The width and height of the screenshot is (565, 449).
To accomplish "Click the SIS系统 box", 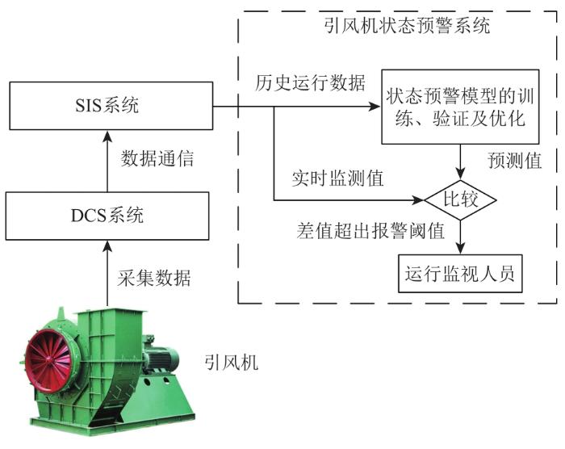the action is [x=111, y=106].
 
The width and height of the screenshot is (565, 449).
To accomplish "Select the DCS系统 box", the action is [x=107, y=216].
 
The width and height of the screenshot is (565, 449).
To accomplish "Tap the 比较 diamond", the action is [x=461, y=199].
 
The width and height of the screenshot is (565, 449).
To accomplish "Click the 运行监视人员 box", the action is [x=460, y=274].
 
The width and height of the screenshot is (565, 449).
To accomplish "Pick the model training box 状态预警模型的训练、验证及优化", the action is [x=460, y=107].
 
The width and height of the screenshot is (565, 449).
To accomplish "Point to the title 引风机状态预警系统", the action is [x=407, y=26].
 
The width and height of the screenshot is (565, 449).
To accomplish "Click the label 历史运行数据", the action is [x=310, y=82].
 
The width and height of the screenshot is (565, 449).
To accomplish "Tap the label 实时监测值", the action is [x=337, y=178].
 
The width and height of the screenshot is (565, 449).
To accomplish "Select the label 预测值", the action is [x=515, y=160].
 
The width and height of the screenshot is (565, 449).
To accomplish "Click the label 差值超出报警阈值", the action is [x=370, y=230].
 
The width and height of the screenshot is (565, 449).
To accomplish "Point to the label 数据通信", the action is [x=157, y=158].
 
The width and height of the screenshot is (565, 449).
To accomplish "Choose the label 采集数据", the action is [x=154, y=278].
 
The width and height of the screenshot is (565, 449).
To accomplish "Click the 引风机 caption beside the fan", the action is [x=232, y=362].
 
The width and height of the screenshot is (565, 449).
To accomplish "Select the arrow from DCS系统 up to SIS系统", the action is [x=107, y=161].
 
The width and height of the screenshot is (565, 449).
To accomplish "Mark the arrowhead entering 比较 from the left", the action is [x=419, y=199].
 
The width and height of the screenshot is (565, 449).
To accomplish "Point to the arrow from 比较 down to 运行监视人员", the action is [x=461, y=237].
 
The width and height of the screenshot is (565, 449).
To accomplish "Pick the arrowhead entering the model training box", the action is [x=376, y=107].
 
